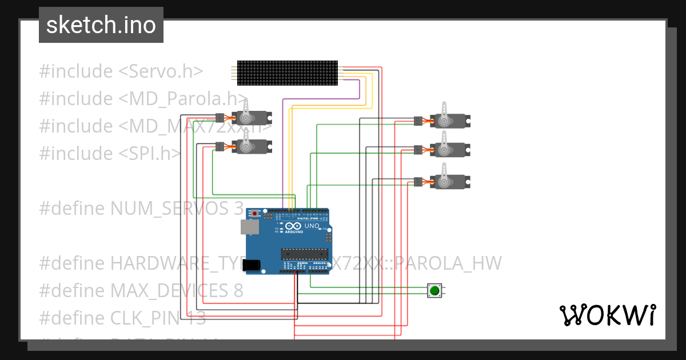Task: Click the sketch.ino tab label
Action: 101,25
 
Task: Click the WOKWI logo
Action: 607,315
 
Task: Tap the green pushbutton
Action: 434,290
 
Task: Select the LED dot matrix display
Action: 288,73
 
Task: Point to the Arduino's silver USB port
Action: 249,227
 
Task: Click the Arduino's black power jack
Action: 252,265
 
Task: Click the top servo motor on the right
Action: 449,121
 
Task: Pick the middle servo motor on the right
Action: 449,150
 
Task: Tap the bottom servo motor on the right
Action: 449,182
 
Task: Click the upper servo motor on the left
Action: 252,118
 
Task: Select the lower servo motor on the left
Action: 252,147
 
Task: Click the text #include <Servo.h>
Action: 121,71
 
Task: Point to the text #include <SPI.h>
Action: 110,153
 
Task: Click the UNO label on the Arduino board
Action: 312,226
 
